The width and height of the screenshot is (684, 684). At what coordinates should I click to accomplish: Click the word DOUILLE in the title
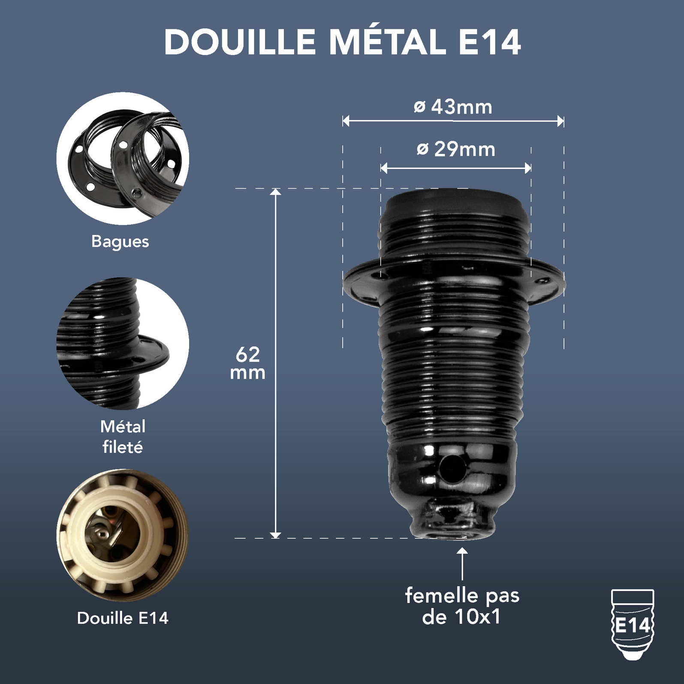pos(240,42)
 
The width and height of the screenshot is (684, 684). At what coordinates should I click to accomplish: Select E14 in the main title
pos(490,42)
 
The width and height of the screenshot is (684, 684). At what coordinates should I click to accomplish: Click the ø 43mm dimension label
pos(453,107)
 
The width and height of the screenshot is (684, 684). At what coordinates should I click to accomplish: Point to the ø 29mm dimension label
pos(456,149)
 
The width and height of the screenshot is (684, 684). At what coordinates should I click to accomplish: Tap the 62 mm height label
pos(248,363)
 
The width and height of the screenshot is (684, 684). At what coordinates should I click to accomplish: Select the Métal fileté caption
pos(123,437)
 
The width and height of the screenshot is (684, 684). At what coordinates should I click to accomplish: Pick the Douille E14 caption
pos(123,618)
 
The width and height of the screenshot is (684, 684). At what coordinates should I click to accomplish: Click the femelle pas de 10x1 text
pos(462,606)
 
